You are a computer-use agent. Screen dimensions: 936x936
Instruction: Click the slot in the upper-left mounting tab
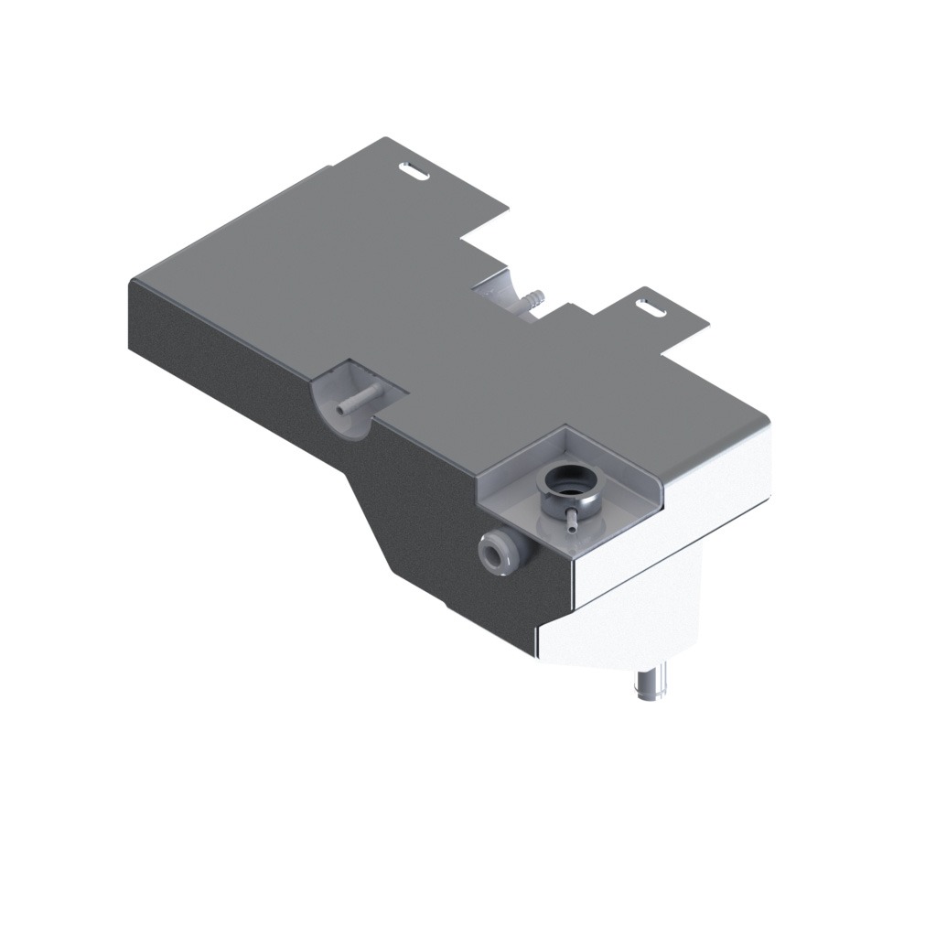(x=415, y=170)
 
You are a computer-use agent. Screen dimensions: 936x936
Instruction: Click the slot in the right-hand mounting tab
(x=651, y=307)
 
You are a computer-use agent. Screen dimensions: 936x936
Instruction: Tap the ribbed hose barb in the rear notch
(x=531, y=299)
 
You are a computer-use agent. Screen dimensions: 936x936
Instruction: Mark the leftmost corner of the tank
(x=130, y=279)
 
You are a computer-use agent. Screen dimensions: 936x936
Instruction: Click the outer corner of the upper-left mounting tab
(x=385, y=139)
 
